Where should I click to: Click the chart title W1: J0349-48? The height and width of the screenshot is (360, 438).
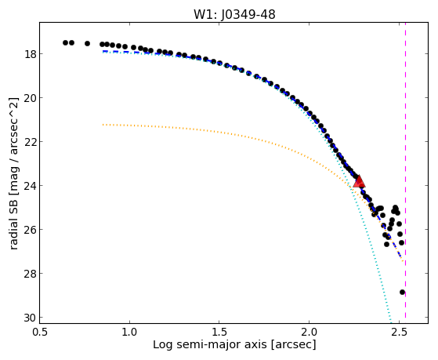(x=234, y=14)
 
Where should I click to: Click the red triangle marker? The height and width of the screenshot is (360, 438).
(x=359, y=181)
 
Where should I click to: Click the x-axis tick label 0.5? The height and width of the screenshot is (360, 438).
(x=40, y=332)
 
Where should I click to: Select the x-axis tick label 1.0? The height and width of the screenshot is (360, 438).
(x=129, y=332)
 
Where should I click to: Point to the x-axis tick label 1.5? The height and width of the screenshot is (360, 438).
(x=219, y=332)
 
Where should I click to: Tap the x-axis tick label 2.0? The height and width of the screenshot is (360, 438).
(x=309, y=332)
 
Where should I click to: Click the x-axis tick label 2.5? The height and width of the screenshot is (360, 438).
(x=399, y=332)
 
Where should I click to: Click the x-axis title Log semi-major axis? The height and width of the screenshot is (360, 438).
(x=210, y=344)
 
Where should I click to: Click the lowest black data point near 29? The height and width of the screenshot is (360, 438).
(x=402, y=292)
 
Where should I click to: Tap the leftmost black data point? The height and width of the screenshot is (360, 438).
(x=65, y=42)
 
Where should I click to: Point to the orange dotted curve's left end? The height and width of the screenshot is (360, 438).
(x=103, y=125)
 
